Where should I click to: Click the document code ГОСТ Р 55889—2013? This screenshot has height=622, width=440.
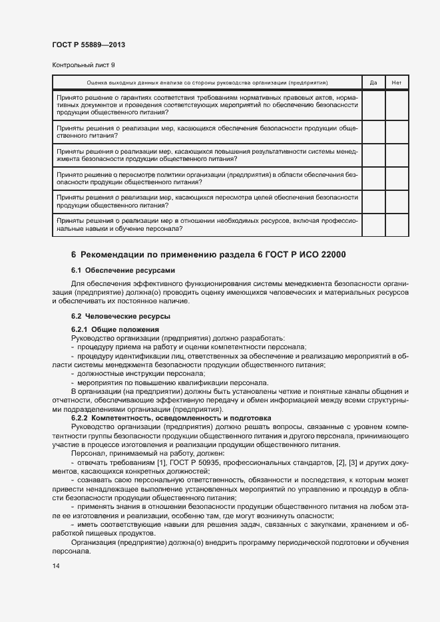pyautogui.click(x=89, y=45)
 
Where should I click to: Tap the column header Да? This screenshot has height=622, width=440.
pyautogui.click(x=373, y=82)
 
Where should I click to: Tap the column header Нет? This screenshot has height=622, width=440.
pyautogui.click(x=397, y=82)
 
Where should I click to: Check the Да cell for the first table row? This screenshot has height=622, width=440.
pyautogui.click(x=373, y=104)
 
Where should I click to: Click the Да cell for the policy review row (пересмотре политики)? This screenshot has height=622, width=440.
pyautogui.click(x=373, y=178)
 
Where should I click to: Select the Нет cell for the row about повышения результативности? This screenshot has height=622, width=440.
pyautogui.click(x=397, y=154)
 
